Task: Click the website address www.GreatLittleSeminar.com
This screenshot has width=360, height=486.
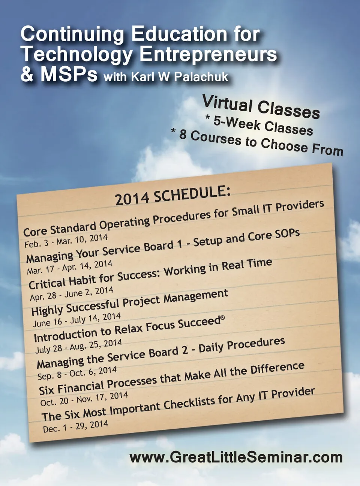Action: [x=236, y=458]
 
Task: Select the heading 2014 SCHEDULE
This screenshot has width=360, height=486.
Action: [x=172, y=196]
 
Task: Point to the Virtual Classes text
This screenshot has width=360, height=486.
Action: [x=261, y=107]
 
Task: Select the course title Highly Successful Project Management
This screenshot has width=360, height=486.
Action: [x=130, y=303]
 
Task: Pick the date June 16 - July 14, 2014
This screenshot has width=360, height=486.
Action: [x=76, y=320]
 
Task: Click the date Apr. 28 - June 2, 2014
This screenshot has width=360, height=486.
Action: [x=72, y=294]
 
